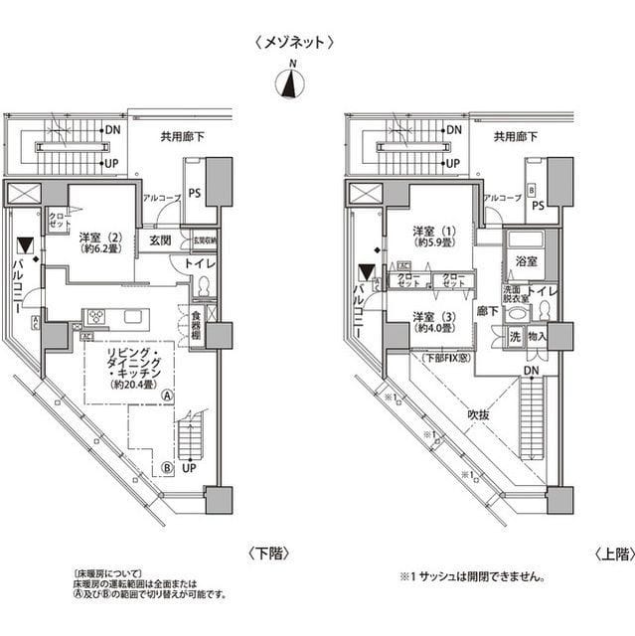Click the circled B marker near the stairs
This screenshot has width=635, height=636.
click(x=168, y=466)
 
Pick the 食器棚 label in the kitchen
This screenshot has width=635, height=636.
click(x=197, y=326)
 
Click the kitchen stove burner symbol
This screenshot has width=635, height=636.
click(x=96, y=317)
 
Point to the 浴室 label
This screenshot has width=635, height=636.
click(x=525, y=261)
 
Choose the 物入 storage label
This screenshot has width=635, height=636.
click(x=538, y=337)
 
